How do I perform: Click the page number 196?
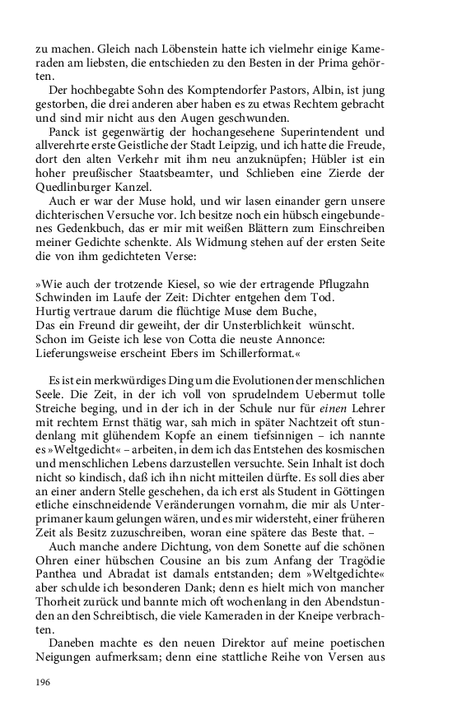44,682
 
